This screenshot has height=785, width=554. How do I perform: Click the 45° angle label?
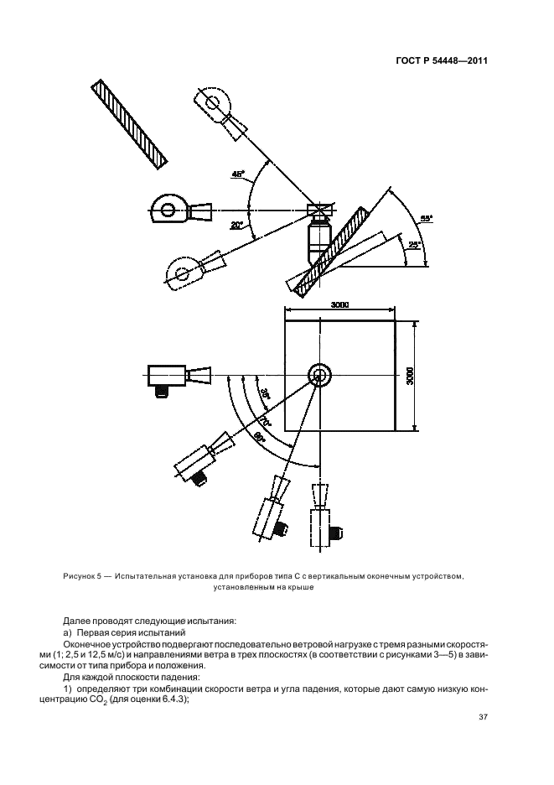click(238, 175)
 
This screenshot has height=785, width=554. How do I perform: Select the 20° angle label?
click(236, 225)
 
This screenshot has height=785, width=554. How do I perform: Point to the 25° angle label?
click(412, 245)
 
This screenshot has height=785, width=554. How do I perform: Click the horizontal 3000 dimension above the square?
click(339, 304)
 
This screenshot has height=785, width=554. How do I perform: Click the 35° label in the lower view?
click(263, 392)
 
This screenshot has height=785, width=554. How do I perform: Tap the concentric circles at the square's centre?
click(319, 375)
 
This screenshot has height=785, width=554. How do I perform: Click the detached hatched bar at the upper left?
click(130, 124)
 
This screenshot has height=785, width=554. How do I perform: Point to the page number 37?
click(483, 717)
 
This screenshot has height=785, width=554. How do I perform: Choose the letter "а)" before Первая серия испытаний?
click(68, 632)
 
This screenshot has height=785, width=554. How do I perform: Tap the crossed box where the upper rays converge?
click(319, 209)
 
